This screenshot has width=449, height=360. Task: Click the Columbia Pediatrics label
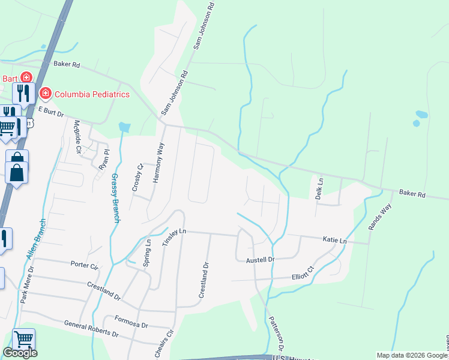coord(92,94)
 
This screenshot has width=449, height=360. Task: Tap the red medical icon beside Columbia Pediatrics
coord(44,94)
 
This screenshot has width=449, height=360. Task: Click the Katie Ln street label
coord(335,240)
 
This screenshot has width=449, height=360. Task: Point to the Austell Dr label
coord(260,260)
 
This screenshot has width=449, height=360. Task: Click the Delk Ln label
coord(320,188)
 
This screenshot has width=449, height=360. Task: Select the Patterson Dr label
coord(276,334)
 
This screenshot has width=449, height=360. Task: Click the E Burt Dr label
coord(51,112)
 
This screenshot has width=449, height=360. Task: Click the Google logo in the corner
coord(20,353)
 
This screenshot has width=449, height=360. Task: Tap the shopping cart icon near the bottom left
coord(23,339)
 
